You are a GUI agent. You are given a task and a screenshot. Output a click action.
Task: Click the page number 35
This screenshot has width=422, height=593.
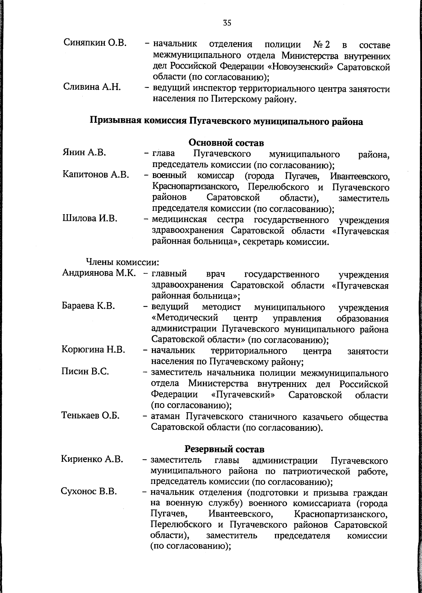pos(227,24)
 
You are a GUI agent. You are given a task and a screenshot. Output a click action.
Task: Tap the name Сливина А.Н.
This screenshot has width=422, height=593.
pos(92,87)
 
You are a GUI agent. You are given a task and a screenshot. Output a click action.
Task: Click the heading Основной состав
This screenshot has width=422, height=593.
pos(226,143)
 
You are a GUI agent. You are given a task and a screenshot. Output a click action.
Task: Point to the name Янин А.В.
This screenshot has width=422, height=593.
pos(84,153)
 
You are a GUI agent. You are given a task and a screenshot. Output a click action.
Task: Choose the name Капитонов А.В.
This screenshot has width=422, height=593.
pos(96,175)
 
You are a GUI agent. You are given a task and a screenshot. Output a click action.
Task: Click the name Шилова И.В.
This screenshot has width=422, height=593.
pos(90,219)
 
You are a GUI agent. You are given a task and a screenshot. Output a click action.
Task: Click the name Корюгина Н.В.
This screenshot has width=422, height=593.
pos(93,350)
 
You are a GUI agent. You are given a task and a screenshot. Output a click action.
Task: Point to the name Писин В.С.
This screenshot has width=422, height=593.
pos(85,371)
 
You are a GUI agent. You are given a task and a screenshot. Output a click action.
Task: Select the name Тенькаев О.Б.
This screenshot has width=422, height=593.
pos(90,415)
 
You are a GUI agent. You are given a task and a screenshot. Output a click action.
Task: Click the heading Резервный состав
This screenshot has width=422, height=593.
pos(224,449)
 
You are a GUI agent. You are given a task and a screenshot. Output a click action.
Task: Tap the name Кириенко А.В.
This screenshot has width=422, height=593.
pos(92,459)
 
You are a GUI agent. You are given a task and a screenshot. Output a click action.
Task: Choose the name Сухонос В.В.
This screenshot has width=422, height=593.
pos(89,492)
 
